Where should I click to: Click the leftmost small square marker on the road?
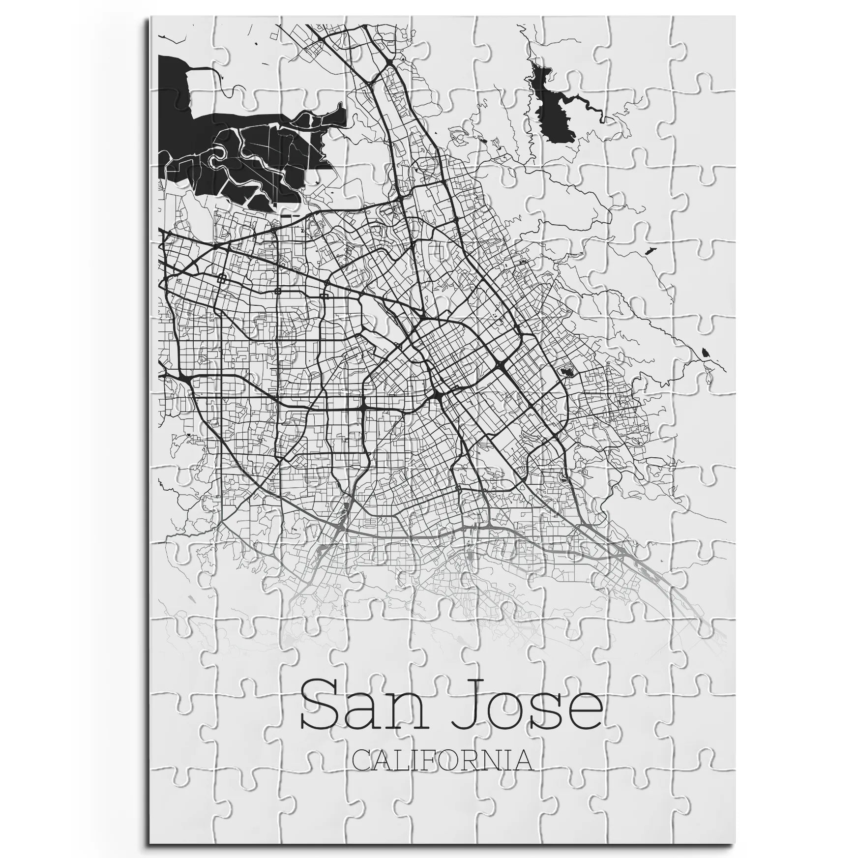[221, 277]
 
